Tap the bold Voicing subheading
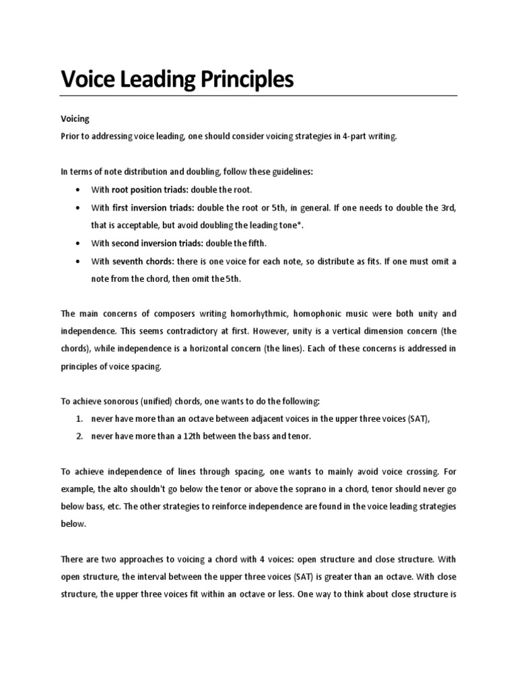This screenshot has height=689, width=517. pos(75,119)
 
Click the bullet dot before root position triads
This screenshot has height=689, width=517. pos(80,190)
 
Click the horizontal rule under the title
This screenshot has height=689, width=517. pos(258,96)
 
